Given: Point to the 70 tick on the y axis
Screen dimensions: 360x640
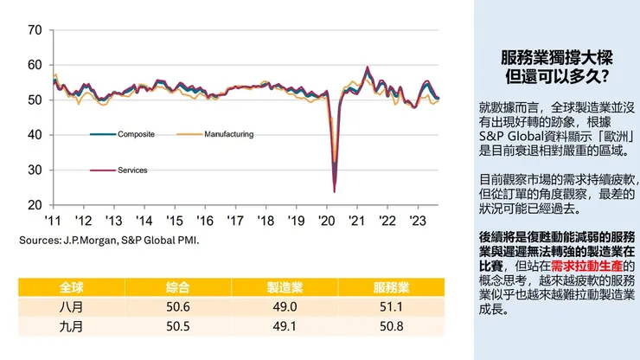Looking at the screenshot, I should coord(35,30).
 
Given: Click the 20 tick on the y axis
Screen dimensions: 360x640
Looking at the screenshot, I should coord(35,205).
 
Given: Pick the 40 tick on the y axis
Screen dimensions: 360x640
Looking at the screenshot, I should coord(35,135).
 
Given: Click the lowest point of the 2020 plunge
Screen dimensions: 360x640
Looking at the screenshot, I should coord(334,191).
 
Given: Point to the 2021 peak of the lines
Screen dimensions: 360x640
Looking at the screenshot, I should coord(368,67).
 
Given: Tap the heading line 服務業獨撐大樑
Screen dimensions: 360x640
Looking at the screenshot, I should coord(557,58).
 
